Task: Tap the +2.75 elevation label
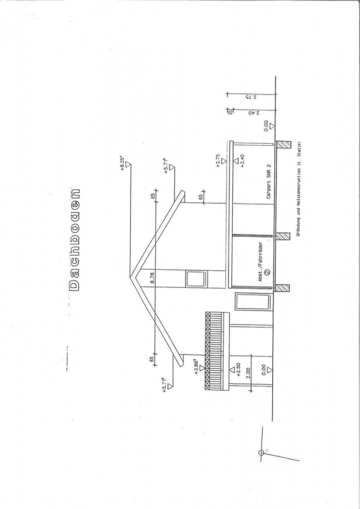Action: click(217, 161)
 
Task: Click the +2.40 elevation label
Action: click(242, 161)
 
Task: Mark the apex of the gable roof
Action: click(131, 277)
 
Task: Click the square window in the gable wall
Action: click(196, 279)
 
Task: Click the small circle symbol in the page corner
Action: click(262, 452)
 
